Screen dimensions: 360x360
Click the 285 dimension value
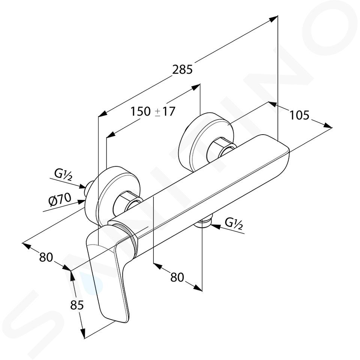pos(182,69)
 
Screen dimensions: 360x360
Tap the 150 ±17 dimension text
pos(153,112)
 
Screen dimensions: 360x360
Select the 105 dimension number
pos(299,115)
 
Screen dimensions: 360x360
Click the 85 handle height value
pos(77,305)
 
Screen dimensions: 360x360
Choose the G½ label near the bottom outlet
pos(234,223)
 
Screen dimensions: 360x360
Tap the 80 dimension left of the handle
pos(46,257)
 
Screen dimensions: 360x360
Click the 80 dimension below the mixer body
pos(177,277)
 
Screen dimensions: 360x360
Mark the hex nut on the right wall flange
pos(221,149)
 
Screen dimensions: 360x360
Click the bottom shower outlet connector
pos(203,222)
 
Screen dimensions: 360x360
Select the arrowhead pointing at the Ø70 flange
pos(81,202)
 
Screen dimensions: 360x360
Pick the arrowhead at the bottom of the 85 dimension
pos(82,333)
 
